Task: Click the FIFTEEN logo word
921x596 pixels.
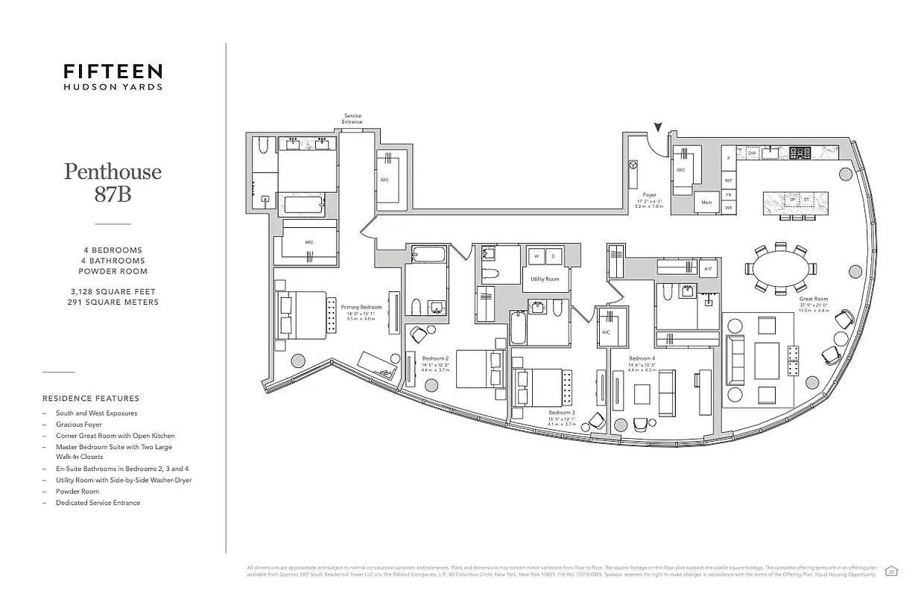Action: (113, 72)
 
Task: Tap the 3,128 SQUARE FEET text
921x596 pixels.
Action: (113, 291)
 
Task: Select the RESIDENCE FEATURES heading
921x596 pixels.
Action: (90, 399)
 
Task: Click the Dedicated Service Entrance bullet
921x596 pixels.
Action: (98, 503)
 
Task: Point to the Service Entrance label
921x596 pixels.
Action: (352, 118)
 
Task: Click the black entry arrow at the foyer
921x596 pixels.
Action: (658, 130)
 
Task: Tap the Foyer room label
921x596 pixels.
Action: (649, 195)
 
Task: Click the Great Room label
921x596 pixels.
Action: (813, 299)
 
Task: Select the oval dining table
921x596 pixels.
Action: (779, 267)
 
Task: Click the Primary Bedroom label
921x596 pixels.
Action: (361, 307)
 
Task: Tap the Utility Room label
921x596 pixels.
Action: (545, 279)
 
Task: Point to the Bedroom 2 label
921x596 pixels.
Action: (434, 358)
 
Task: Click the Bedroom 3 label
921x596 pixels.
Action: (561, 412)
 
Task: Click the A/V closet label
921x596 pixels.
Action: (707, 268)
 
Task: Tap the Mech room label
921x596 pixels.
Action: (706, 203)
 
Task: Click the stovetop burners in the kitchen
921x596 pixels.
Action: (800, 153)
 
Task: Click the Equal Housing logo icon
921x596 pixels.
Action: (890, 571)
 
